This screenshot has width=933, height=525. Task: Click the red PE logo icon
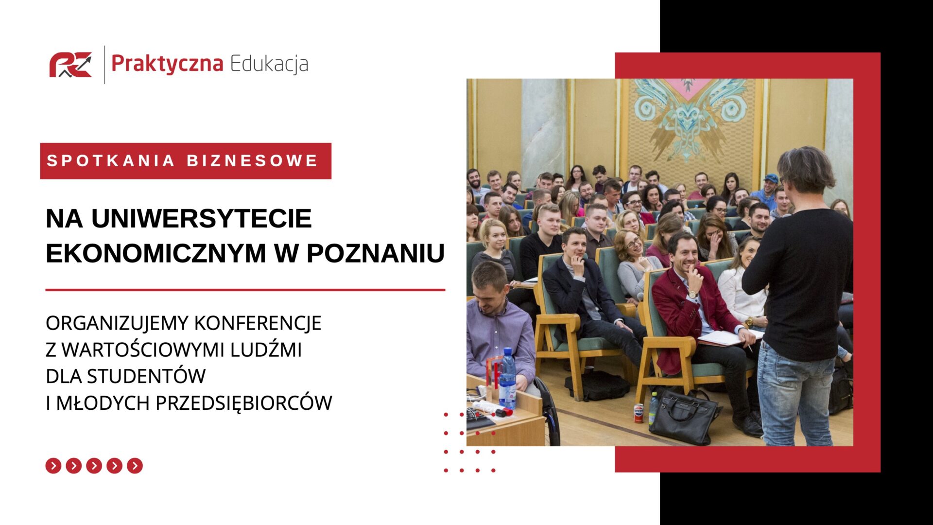(70, 65)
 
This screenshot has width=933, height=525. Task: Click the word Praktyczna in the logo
(167, 64)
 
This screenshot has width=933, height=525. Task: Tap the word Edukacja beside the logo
(269, 64)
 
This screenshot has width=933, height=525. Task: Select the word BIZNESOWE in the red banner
(252, 161)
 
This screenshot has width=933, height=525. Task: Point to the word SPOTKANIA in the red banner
(110, 161)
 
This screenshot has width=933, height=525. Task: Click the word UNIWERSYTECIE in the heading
(202, 218)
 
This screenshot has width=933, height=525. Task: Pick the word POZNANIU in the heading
(376, 253)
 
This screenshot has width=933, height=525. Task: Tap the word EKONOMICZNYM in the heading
(156, 253)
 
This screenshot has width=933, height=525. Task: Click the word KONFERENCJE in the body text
(258, 323)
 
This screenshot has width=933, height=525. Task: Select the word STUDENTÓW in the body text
(146, 375)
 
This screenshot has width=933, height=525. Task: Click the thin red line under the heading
(245, 290)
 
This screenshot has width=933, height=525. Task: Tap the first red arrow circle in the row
(53, 466)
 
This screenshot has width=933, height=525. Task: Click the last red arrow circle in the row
(135, 466)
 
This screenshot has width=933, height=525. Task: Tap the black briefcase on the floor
(684, 417)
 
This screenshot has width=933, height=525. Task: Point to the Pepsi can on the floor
(639, 413)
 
